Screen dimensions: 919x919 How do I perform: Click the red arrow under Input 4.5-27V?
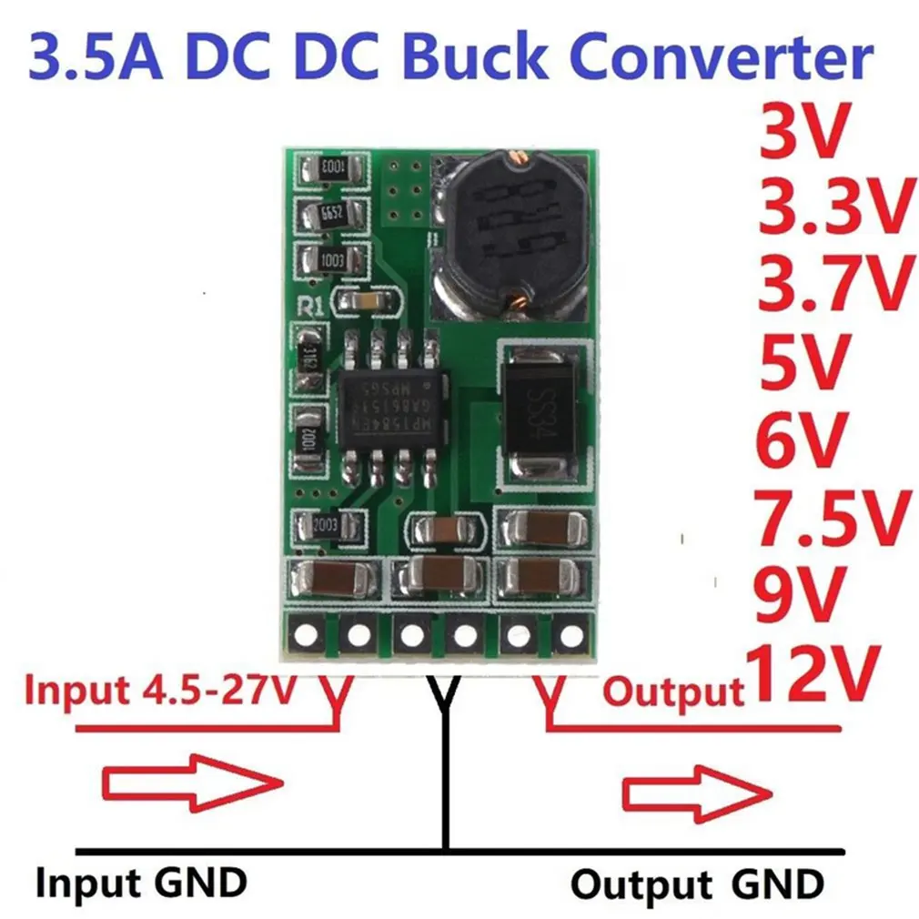[x=190, y=782]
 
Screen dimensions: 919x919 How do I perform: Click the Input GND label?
[x=141, y=882]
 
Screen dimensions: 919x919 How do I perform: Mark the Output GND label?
[x=697, y=884]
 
